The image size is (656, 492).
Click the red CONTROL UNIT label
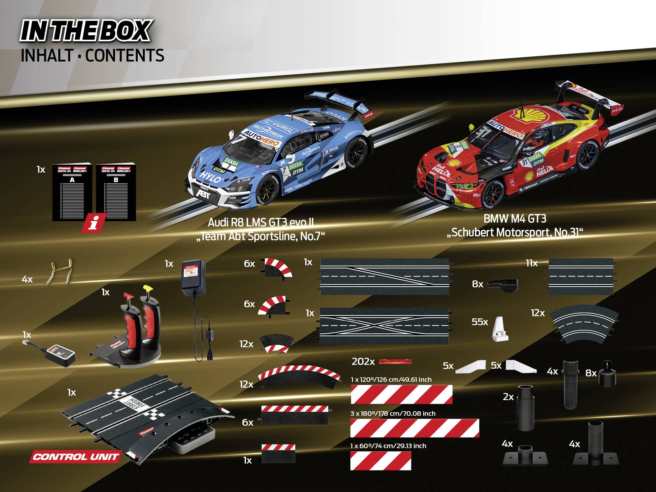point(76,456)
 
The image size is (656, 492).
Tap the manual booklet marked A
point(72,192)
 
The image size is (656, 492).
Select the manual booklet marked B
point(116,192)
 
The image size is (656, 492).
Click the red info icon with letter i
point(94,223)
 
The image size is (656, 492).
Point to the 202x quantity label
point(363,362)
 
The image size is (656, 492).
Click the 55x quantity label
point(480,322)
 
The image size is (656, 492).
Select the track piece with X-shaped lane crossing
point(384,326)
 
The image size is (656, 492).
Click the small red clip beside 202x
point(395,362)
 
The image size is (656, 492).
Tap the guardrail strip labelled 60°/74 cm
point(381,461)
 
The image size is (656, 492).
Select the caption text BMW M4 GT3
point(515,219)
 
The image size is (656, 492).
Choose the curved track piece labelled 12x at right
point(584,326)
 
